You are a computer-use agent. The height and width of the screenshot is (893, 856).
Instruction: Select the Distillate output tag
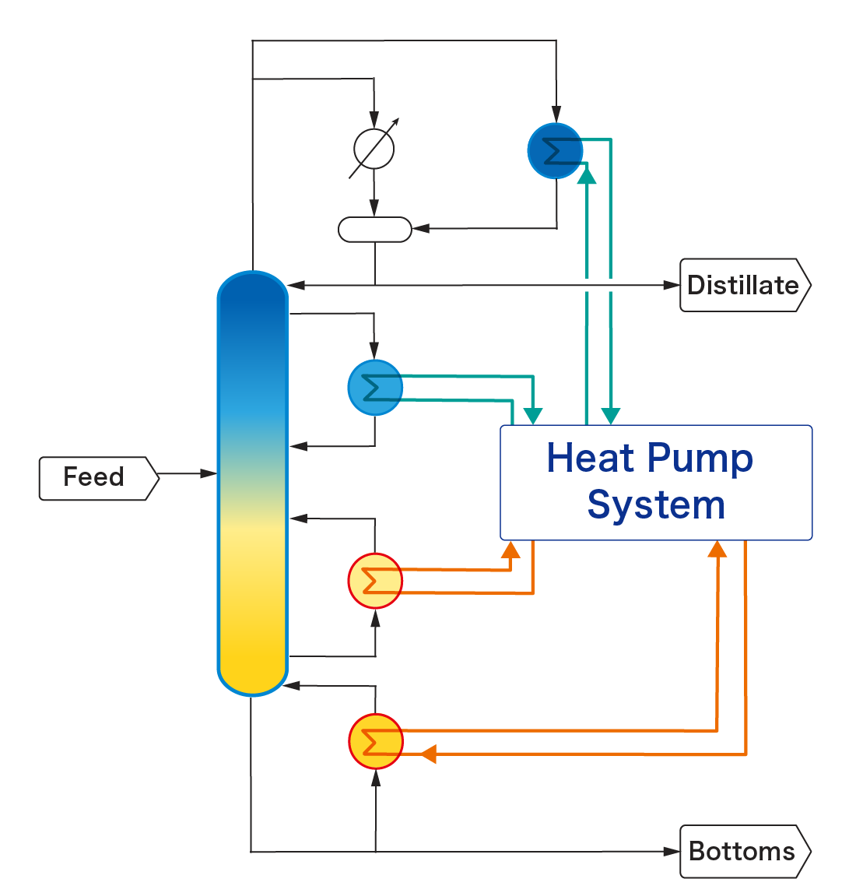[743, 286]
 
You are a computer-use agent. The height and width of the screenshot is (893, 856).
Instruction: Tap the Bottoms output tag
[743, 851]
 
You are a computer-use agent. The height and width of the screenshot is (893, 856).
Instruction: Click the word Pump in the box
[700, 459]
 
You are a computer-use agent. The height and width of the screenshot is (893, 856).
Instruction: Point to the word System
[656, 505]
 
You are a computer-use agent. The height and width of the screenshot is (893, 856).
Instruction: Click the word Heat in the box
[590, 458]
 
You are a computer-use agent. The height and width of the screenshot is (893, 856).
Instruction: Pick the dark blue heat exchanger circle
[555, 151]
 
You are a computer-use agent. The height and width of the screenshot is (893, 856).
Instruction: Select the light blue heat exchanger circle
[375, 387]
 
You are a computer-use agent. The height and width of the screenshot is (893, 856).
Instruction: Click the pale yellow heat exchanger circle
[375, 581]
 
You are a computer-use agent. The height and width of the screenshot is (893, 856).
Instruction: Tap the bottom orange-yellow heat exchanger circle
[376, 741]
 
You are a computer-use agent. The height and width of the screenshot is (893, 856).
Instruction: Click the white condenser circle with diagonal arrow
[374, 148]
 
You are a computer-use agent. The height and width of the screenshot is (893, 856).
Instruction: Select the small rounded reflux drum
[374, 230]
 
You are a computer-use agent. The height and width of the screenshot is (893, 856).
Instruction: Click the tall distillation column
[253, 483]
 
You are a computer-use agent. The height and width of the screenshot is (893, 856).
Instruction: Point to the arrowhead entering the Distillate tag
[672, 285]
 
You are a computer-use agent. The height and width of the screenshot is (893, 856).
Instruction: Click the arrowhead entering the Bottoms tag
[672, 851]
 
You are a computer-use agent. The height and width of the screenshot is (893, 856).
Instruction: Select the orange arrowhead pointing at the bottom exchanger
[428, 754]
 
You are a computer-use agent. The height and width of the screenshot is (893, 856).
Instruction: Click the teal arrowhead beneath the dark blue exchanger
[588, 175]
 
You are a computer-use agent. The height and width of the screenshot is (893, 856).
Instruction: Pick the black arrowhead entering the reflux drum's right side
[421, 229]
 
